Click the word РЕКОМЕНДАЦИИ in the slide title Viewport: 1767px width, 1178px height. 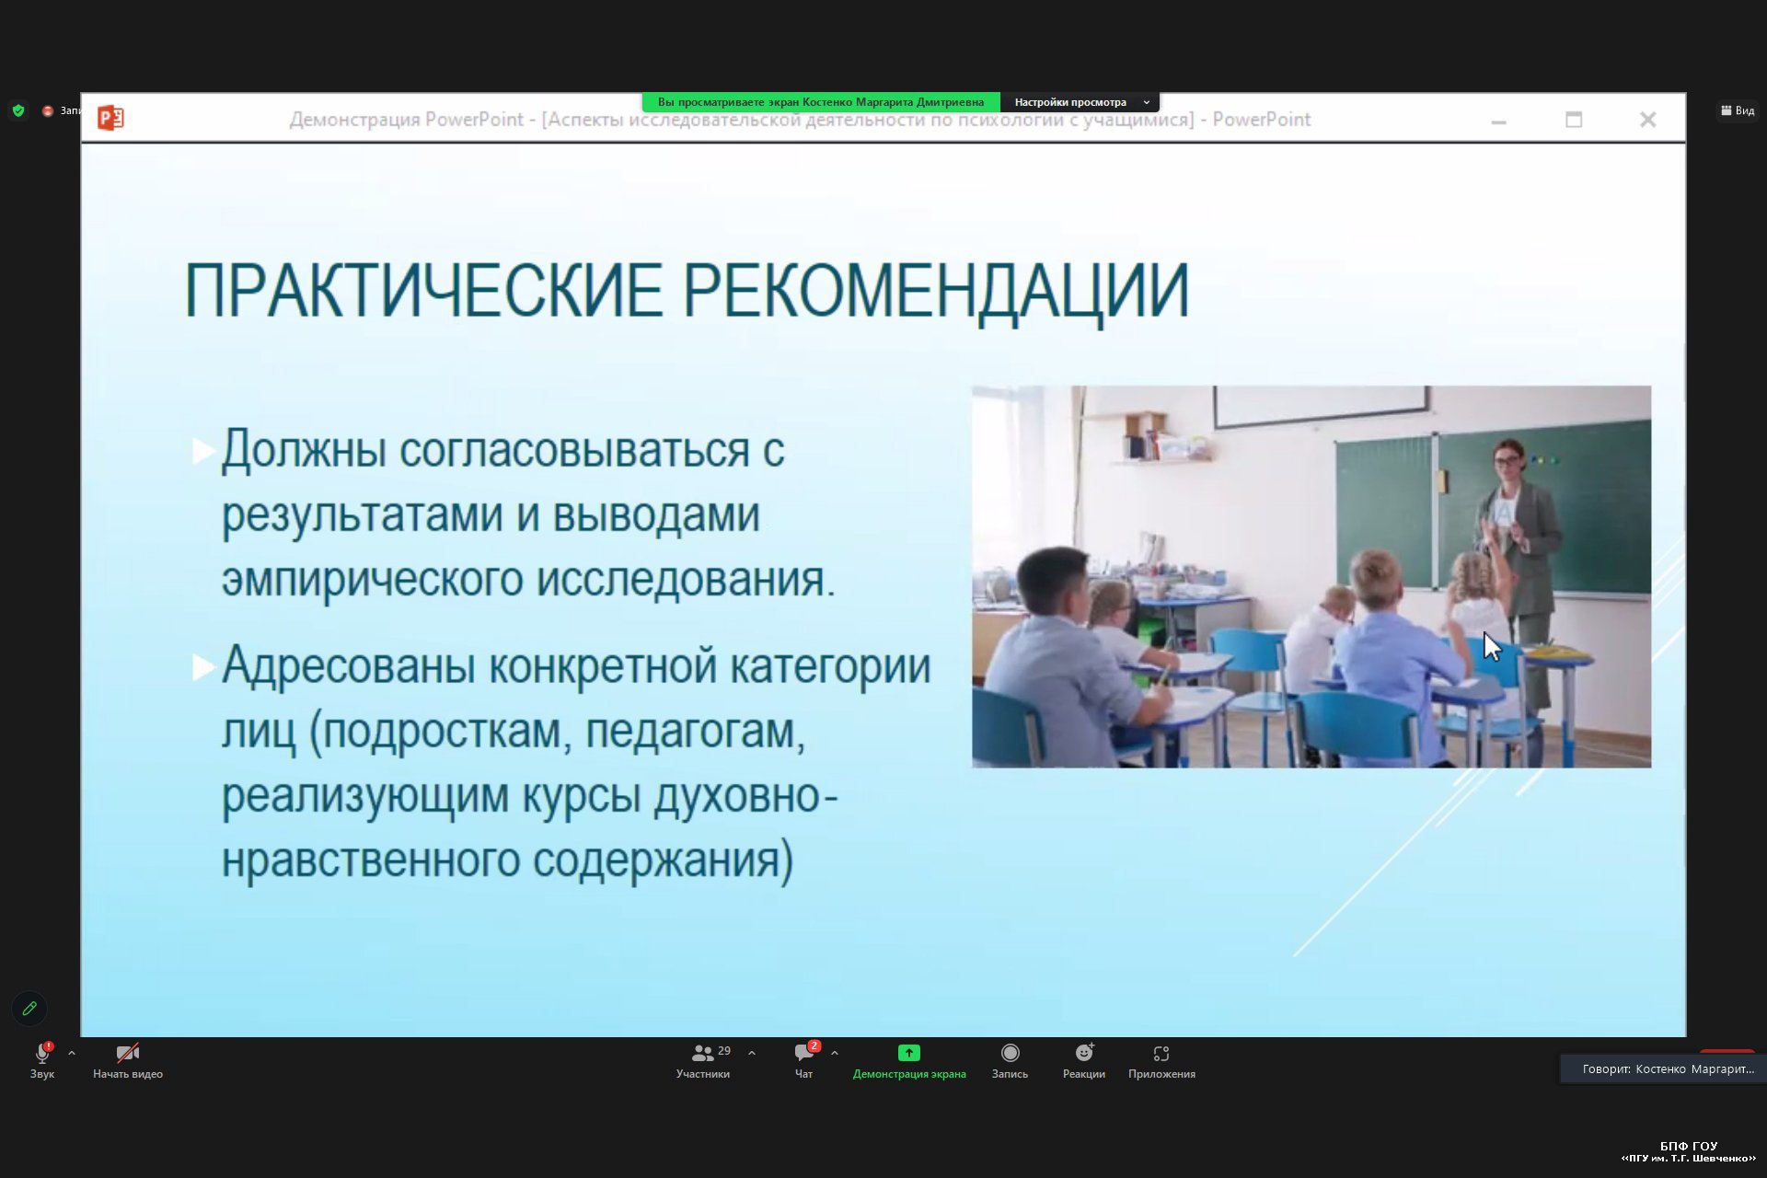click(936, 292)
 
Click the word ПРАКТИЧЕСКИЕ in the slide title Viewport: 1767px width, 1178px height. click(423, 290)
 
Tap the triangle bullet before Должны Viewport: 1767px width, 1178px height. click(202, 451)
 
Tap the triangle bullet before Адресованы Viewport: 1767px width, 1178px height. click(202, 667)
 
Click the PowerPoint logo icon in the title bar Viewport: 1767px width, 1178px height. click(110, 118)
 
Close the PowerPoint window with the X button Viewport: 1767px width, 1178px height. click(1647, 120)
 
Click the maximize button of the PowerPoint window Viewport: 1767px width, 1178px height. click(1574, 120)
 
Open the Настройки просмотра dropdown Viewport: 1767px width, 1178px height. click(1080, 102)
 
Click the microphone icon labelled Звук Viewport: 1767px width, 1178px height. click(42, 1053)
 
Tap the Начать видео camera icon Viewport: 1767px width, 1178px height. click(128, 1053)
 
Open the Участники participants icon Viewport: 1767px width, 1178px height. click(703, 1053)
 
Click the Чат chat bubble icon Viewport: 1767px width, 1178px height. click(804, 1053)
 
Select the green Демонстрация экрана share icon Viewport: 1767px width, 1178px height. click(909, 1053)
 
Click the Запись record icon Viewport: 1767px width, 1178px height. click(1011, 1053)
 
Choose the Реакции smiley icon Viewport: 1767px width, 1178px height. click(1084, 1053)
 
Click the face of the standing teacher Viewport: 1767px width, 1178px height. click(1507, 460)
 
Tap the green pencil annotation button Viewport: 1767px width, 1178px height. click(29, 1009)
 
